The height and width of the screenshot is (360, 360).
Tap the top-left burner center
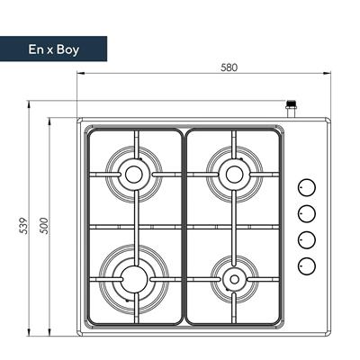click(134, 173)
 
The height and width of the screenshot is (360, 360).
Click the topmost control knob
click(306, 187)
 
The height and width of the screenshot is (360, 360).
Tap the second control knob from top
click(306, 213)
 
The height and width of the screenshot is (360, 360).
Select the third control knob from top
click(306, 239)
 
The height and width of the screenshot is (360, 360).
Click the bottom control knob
click(306, 265)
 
